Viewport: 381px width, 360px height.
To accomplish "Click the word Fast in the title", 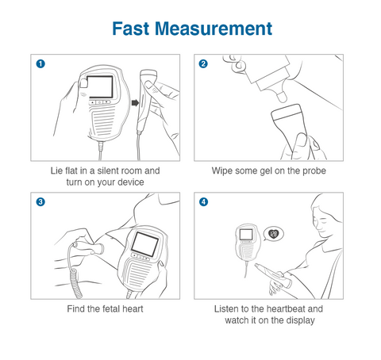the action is click(131, 29).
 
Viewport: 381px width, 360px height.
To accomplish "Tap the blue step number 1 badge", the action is click(40, 63).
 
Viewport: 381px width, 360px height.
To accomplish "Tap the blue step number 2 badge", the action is click(203, 63).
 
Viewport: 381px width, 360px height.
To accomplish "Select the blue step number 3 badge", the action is click(40, 202).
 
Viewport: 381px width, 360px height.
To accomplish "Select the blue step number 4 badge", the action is click(203, 202).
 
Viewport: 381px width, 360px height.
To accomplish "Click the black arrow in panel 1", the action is click(135, 102).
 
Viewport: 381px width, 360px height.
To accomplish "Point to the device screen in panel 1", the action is click(100, 87).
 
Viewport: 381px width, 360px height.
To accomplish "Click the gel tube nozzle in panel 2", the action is click(281, 96).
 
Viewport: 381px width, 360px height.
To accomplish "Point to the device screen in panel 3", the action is click(144, 244).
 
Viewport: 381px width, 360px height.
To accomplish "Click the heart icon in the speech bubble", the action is click(274, 233).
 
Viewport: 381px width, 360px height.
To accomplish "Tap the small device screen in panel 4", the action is click(246, 234).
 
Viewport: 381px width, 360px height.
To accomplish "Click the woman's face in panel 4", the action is click(321, 222).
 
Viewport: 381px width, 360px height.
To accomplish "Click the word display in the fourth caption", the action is click(301, 320).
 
